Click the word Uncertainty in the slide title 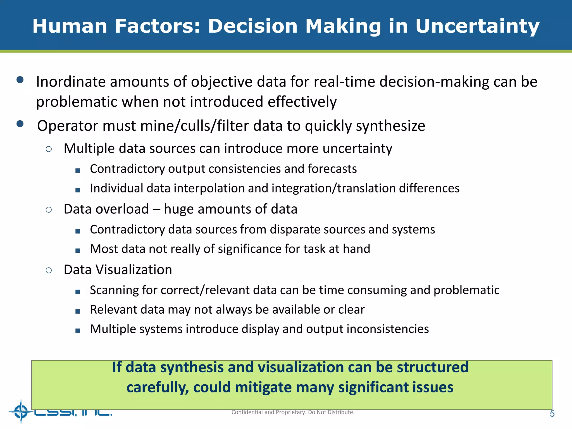pos(477,27)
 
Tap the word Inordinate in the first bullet pos(71,82)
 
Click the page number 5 pos(552,414)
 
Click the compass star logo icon pos(21,412)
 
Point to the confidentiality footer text pos(293,412)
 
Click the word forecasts pos(332,169)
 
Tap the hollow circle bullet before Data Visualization pos(49,270)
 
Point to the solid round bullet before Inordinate pos(20,80)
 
